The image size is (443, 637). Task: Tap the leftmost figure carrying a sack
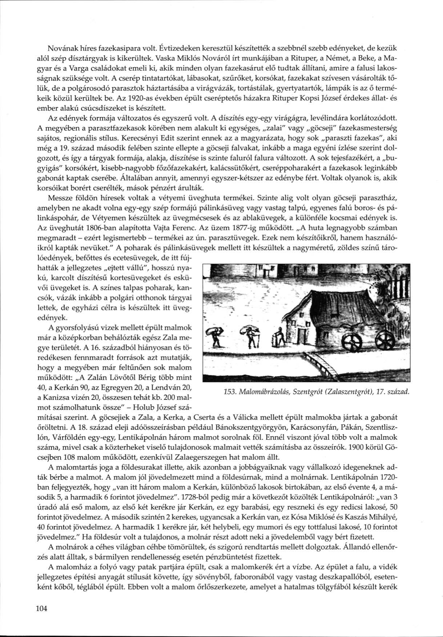coord(214,336)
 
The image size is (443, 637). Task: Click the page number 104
coord(42,609)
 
